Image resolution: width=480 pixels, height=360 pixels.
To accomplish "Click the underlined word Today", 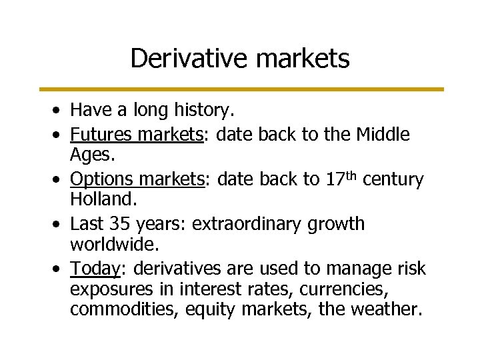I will pyautogui.click(x=94, y=269).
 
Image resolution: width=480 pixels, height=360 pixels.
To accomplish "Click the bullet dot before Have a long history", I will pyautogui.click(x=60, y=109).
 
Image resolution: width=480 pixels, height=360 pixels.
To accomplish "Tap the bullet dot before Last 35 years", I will pyautogui.click(x=60, y=225).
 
